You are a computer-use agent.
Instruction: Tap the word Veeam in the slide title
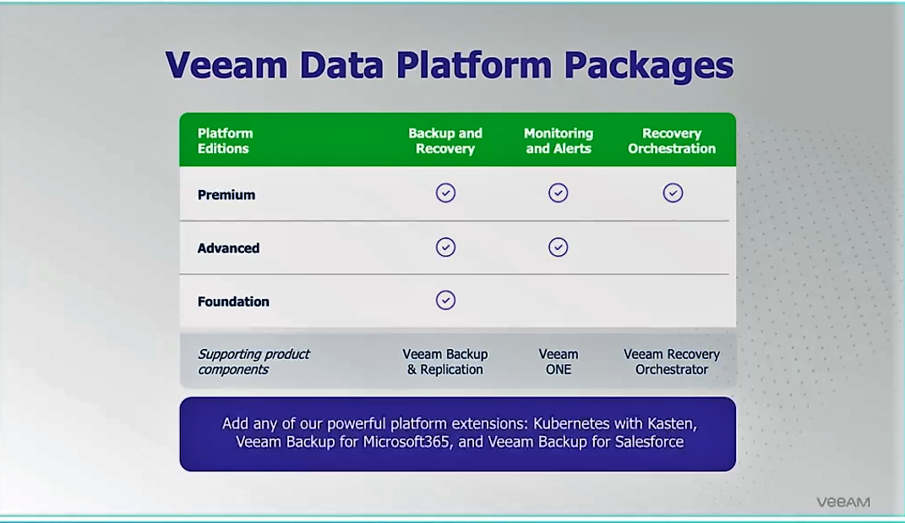point(226,65)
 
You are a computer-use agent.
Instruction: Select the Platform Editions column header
point(225,141)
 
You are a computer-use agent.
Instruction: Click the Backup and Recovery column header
point(445,141)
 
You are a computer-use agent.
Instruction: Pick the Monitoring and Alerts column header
point(558,141)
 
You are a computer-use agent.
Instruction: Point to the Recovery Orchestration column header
point(672,141)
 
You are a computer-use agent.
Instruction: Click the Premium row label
point(226,195)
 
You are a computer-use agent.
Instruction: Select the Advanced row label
point(228,248)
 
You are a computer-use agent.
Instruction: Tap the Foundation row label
point(233,302)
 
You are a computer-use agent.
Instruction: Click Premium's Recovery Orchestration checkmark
point(673,193)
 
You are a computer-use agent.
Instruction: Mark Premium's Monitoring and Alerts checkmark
point(558,193)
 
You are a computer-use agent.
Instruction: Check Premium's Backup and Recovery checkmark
point(445,193)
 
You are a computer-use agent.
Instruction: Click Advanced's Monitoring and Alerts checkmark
point(558,247)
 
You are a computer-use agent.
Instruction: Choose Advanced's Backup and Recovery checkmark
point(445,247)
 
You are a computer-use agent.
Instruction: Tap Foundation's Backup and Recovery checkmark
point(445,300)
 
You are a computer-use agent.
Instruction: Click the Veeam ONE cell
point(558,362)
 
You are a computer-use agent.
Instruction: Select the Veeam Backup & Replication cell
point(445,362)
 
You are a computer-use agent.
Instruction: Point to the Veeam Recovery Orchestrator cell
point(672,362)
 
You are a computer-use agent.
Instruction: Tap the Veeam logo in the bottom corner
point(843,502)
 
